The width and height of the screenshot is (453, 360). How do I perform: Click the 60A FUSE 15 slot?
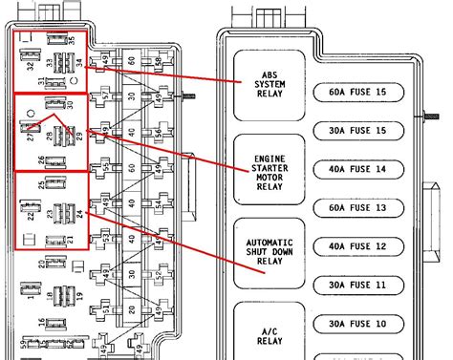click(364, 92)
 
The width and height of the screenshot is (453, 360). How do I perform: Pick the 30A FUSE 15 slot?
click(364, 131)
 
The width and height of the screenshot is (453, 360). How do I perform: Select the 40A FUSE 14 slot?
click(364, 169)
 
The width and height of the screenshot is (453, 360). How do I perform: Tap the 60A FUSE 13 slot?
click(364, 208)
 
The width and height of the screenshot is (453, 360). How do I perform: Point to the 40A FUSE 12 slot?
click(364, 246)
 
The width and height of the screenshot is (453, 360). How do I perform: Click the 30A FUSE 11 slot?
click(364, 286)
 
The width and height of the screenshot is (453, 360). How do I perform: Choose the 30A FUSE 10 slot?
click(364, 324)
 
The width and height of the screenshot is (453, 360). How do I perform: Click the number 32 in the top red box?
click(30, 66)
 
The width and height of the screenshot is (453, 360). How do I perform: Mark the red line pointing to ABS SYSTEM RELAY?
click(162, 74)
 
